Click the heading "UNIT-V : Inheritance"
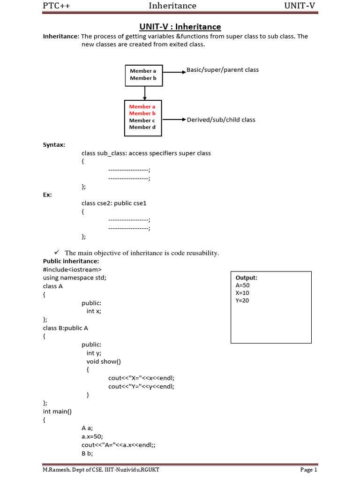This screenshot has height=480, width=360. click(x=180, y=27)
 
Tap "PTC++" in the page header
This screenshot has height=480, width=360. click(x=57, y=6)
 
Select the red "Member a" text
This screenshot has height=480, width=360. click(x=142, y=106)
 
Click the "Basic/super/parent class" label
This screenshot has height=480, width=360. click(x=223, y=70)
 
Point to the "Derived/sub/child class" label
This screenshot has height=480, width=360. click(x=221, y=120)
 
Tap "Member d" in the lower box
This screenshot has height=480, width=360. click(x=142, y=127)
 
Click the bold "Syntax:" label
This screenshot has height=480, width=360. click(x=54, y=144)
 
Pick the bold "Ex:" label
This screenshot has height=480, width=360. click(x=47, y=194)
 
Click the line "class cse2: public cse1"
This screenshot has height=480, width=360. click(x=114, y=203)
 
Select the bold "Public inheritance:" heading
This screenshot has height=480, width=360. click(x=71, y=261)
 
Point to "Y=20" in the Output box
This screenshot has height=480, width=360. click(x=242, y=300)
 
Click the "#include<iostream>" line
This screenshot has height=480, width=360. click(x=72, y=269)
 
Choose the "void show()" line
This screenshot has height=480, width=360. click(x=104, y=361)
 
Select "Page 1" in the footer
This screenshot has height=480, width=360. click(x=309, y=470)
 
